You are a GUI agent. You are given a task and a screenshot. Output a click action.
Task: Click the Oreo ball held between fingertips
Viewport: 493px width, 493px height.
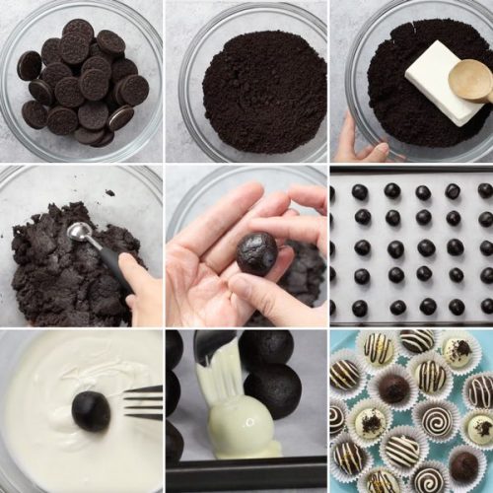tap(256, 252)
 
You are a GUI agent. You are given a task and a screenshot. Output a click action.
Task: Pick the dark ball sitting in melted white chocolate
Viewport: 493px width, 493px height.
tap(92, 410)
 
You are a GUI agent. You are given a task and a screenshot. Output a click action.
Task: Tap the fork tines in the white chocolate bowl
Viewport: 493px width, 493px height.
tap(144, 401)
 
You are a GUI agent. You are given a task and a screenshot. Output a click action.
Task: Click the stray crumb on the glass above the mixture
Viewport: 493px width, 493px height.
tap(108, 192)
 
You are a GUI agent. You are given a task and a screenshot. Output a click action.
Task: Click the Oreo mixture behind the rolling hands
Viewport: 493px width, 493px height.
tap(306, 271)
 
